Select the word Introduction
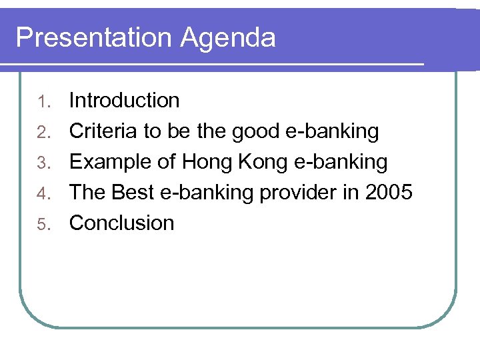(x=125, y=101)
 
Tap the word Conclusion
(x=121, y=223)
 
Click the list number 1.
(x=44, y=101)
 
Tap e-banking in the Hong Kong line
(x=340, y=163)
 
